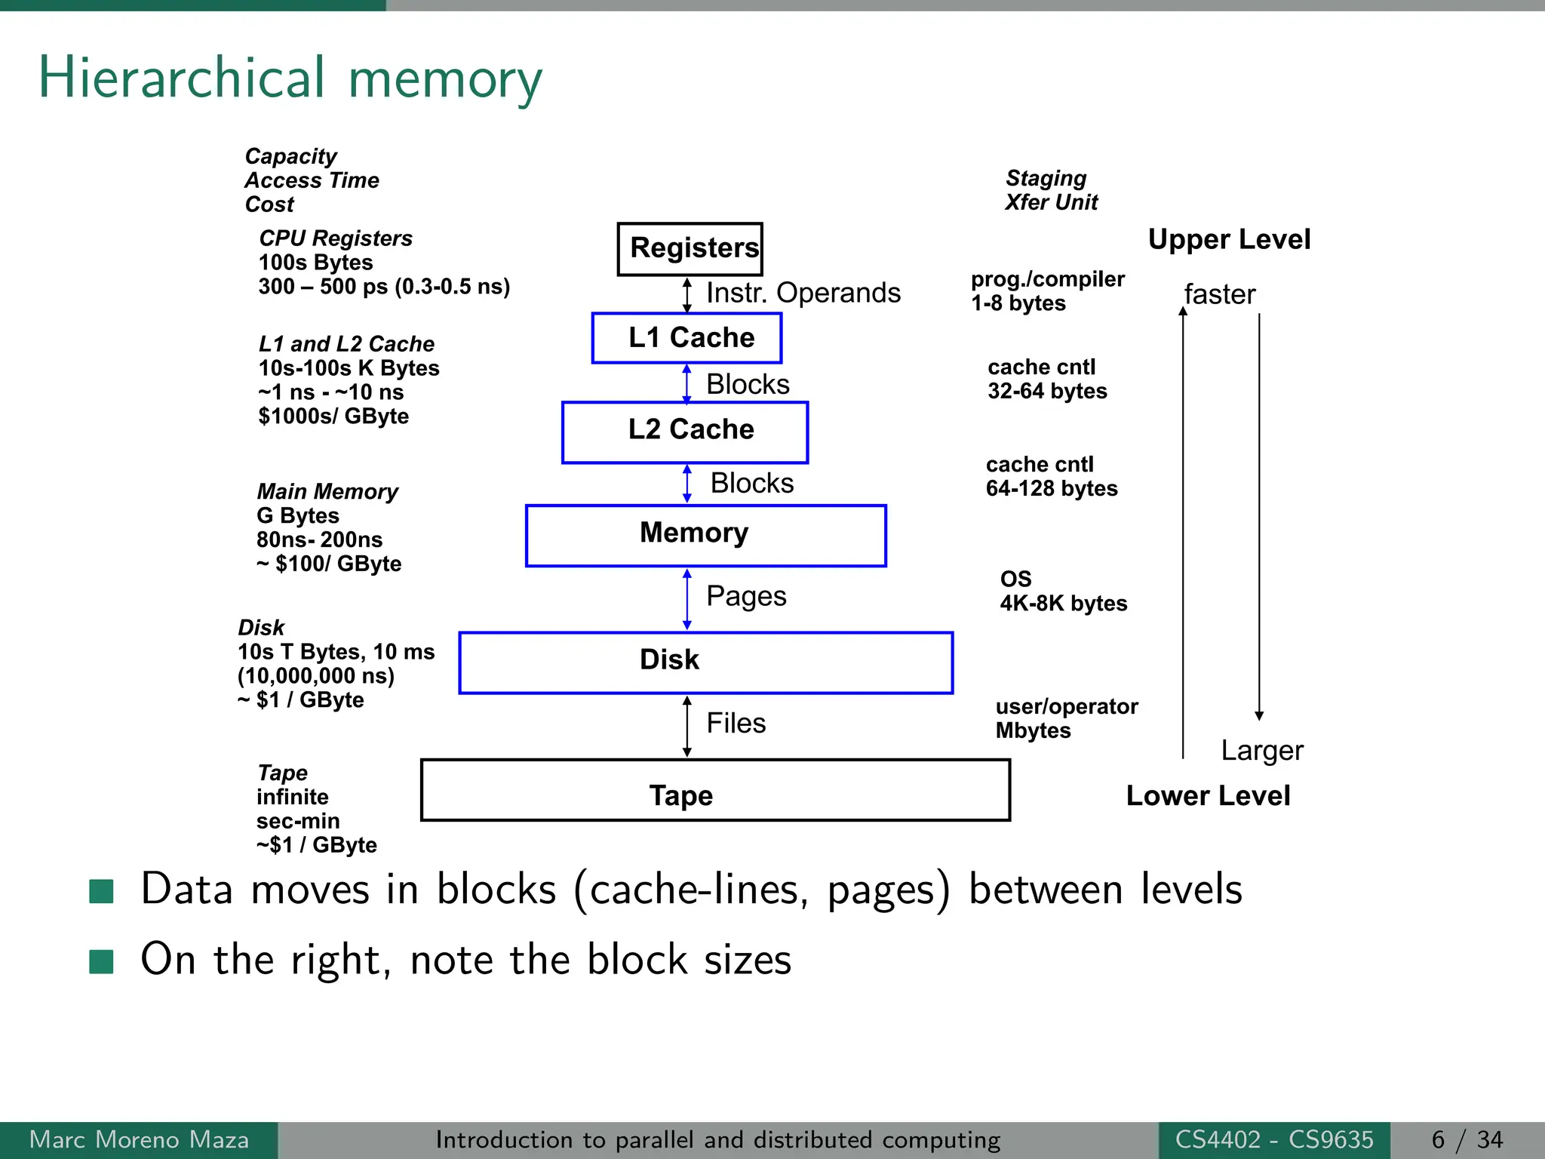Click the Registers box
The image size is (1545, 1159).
coord(690,248)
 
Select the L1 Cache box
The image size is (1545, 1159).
coord(686,337)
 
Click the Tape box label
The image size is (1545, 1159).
coord(680,795)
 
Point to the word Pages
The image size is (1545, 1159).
coord(745,596)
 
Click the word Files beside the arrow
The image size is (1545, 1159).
coord(736,723)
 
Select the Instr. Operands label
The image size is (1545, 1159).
coord(803,293)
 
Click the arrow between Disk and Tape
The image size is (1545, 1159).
coord(686,726)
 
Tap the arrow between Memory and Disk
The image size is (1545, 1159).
coord(686,599)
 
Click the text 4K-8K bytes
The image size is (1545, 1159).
coord(1063,603)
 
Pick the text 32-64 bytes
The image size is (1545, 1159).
coord(1047,391)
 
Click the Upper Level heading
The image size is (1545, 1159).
coord(1229,239)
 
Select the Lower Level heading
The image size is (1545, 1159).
coord(1208,795)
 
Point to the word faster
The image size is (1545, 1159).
coord(1219,294)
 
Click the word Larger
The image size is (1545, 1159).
coord(1261,750)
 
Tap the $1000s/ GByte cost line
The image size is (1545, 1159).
coord(333,416)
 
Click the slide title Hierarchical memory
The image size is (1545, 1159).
coord(290,78)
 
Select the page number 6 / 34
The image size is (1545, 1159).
coord(1467,1139)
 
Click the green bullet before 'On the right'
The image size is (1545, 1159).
coord(101,961)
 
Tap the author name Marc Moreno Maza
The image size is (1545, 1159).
coord(139,1139)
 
